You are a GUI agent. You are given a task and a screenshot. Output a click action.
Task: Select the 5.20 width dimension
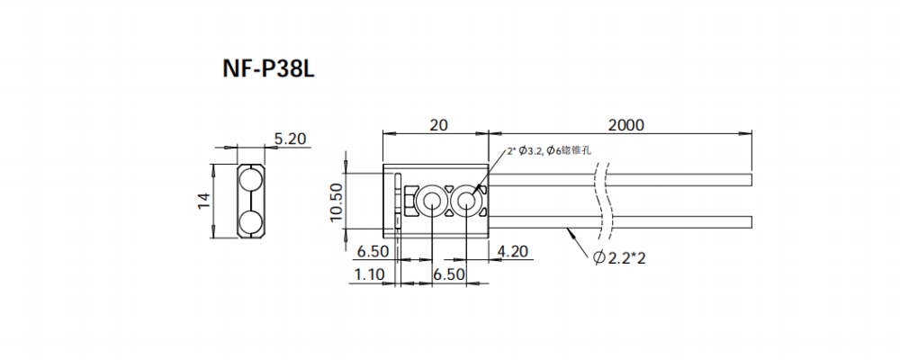(x=290, y=139)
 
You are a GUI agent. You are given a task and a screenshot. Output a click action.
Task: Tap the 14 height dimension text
(x=205, y=202)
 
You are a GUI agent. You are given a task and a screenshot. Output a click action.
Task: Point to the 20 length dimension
(x=437, y=125)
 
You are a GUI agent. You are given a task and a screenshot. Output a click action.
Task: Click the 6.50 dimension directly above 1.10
(x=371, y=251)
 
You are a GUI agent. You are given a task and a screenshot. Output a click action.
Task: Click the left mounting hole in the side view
(x=431, y=201)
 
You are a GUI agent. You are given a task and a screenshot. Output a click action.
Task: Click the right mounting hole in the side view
(x=466, y=201)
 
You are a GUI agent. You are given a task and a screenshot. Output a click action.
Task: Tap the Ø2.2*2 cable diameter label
(x=622, y=259)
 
